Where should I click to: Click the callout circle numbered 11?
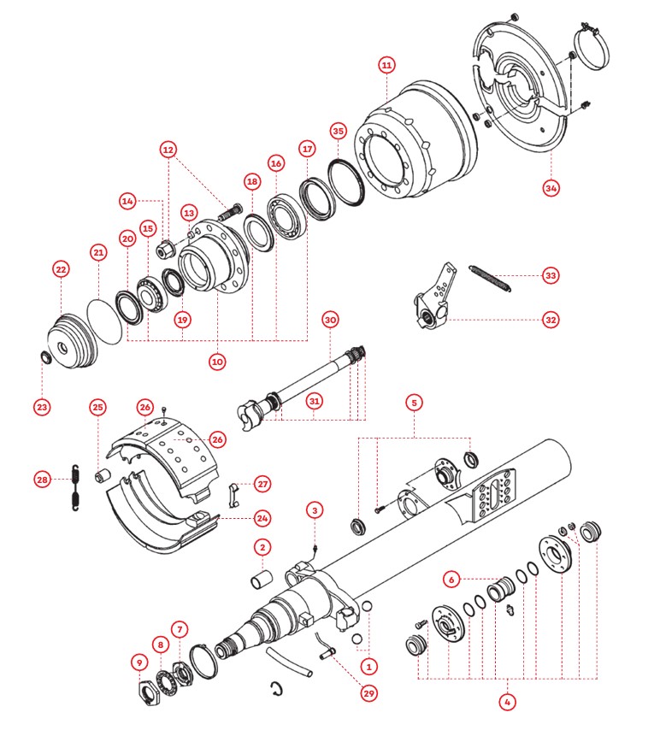coord(387,65)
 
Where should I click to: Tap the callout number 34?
coord(551,187)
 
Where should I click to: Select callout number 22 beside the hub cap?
coord(61,269)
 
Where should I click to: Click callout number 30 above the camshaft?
coord(332,320)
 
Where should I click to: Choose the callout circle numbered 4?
coord(509,702)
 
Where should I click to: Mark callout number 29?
coord(368,692)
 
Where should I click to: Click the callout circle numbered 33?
coord(551,275)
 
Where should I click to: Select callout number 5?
coord(414,401)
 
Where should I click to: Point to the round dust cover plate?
coord(522,94)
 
